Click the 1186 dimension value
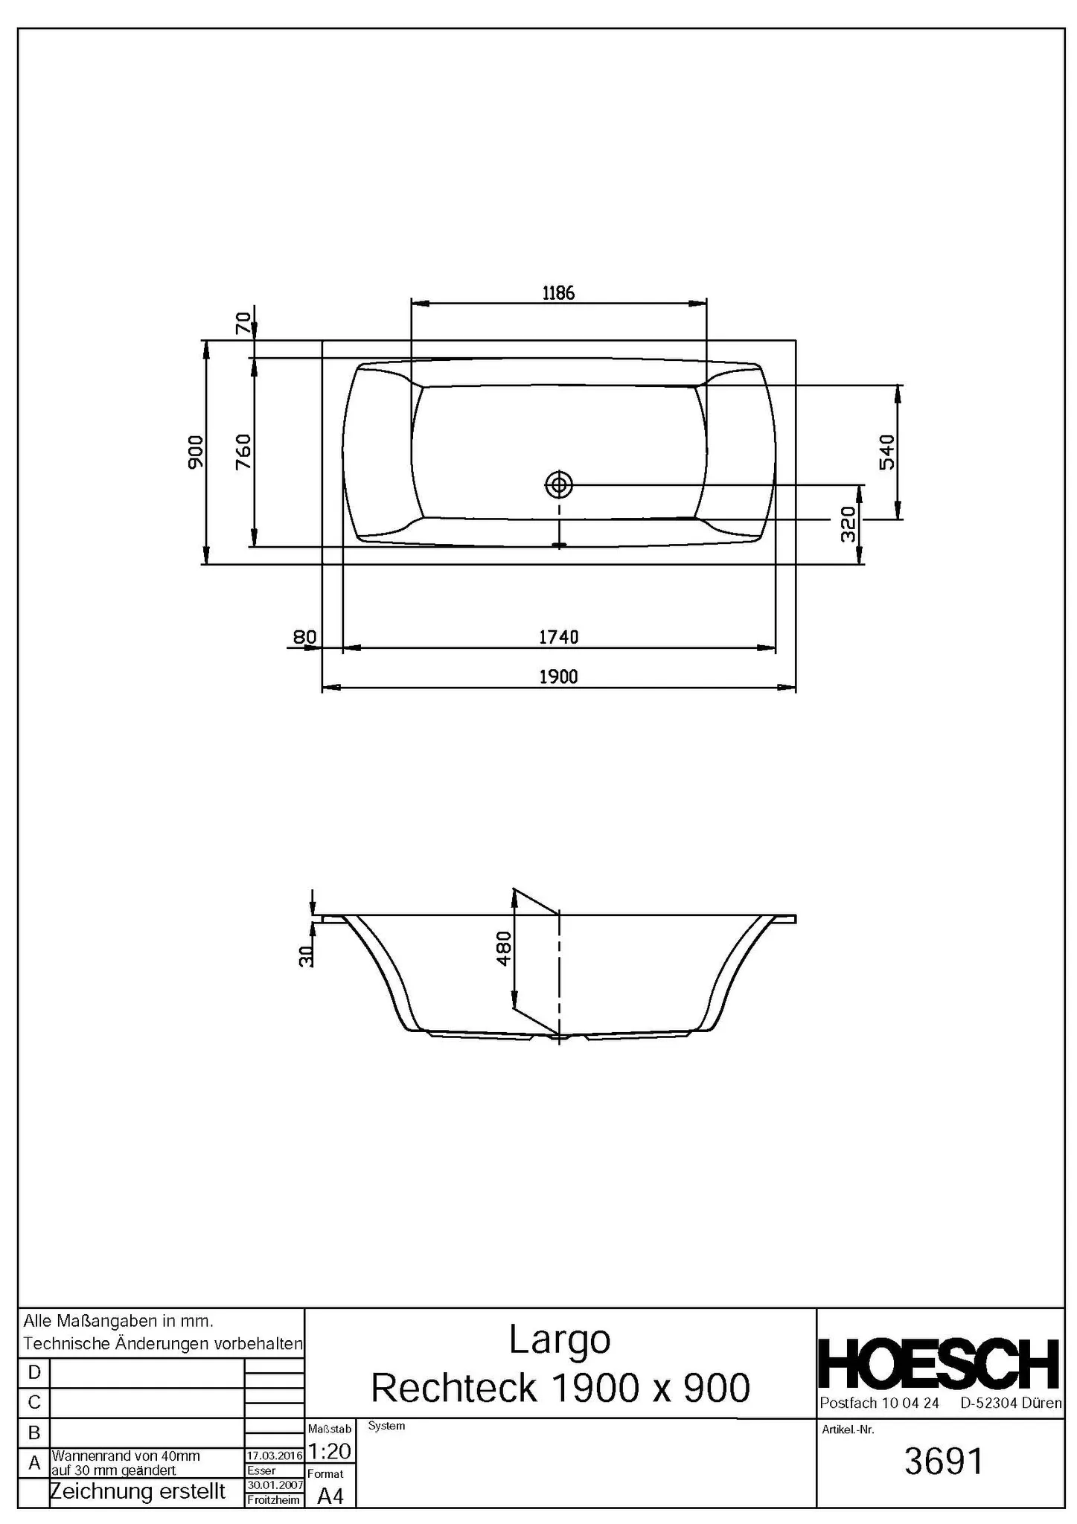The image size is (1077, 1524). click(558, 292)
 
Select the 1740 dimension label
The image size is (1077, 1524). click(558, 637)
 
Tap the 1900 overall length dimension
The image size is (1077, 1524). click(558, 676)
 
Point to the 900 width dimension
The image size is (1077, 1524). click(195, 452)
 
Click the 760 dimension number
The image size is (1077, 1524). click(243, 452)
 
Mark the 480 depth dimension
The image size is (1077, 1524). click(504, 949)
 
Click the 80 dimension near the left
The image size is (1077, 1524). click(304, 637)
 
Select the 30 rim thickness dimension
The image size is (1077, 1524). click(305, 956)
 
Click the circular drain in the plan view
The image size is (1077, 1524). click(558, 485)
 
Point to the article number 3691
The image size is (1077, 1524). click(943, 1461)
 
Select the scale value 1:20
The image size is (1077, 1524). click(329, 1450)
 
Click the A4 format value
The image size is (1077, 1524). click(330, 1496)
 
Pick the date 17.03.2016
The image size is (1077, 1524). click(275, 1455)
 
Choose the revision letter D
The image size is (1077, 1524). click(34, 1371)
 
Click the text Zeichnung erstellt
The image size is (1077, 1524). click(138, 1491)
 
